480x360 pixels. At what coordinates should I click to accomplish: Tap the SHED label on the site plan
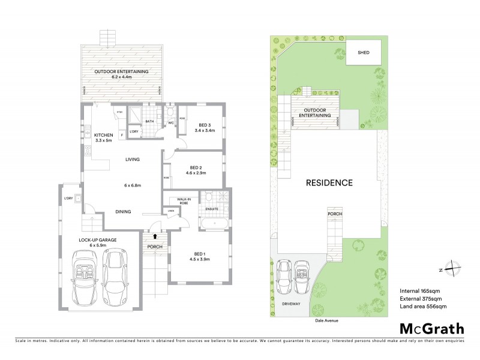pyautogui.click(x=364, y=53)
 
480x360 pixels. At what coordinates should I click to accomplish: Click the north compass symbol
pyautogui.click(x=454, y=269)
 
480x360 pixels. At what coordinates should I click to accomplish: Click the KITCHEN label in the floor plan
pyautogui.click(x=95, y=136)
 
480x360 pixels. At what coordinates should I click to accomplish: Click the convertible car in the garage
pyautogui.click(x=85, y=275)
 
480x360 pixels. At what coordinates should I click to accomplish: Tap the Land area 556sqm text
pyautogui.click(x=423, y=307)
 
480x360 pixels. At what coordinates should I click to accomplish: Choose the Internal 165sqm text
pyautogui.click(x=420, y=291)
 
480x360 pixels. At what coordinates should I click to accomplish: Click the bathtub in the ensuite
pyautogui.click(x=213, y=226)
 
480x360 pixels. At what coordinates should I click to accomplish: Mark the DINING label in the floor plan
pyautogui.click(x=124, y=211)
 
